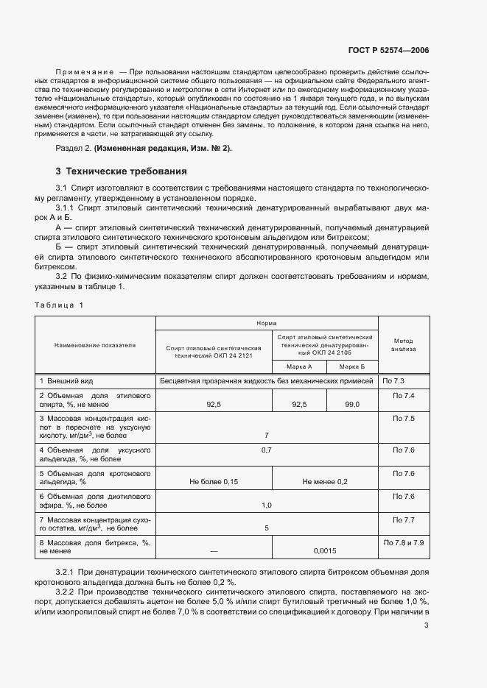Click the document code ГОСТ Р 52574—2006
388,50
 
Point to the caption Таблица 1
59,305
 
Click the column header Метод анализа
404,344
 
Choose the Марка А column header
299,366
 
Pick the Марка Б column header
351,366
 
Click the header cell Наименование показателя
94,344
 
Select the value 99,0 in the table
351,404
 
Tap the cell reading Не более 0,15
214,481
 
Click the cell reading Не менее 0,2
325,481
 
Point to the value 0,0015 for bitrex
325,550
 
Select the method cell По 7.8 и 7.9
404,542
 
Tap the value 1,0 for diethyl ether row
267,505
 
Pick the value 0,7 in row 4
267,450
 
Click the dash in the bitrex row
214,550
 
